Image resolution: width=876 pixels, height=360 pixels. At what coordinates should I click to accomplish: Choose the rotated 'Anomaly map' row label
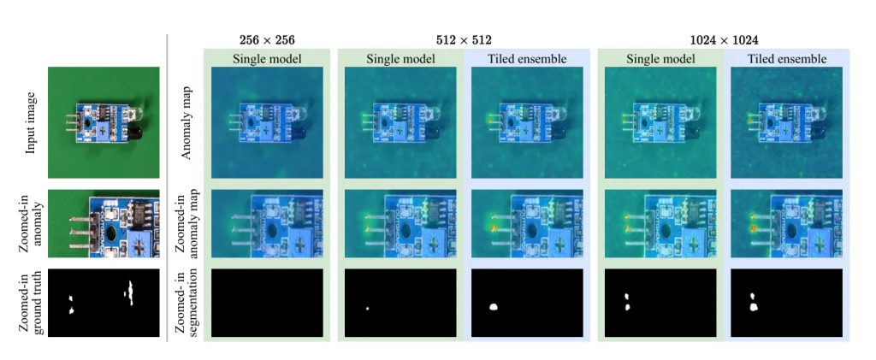click(x=187, y=123)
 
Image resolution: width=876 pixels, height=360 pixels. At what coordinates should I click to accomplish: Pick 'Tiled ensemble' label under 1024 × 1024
click(x=787, y=59)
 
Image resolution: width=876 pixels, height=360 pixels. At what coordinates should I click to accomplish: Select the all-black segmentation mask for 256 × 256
click(x=267, y=303)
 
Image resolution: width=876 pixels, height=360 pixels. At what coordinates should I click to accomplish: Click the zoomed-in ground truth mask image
click(x=103, y=303)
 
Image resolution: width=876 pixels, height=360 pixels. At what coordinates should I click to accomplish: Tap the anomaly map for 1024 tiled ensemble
click(x=787, y=123)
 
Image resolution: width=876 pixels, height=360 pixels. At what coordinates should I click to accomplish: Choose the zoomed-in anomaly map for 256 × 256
click(x=267, y=222)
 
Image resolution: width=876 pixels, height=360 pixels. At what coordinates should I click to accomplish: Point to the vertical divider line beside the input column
click(x=168, y=188)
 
